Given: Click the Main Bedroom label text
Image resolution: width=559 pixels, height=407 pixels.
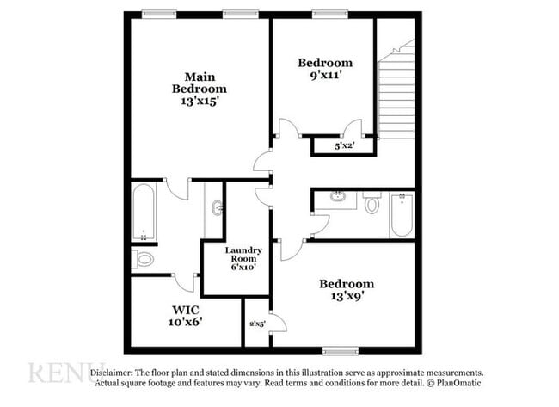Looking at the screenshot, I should [x=199, y=82].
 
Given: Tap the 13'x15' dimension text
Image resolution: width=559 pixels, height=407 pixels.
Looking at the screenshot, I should [x=199, y=102].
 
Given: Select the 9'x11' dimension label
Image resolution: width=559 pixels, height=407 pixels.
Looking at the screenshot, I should [x=325, y=76].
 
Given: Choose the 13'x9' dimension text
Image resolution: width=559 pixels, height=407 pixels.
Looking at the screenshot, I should [x=347, y=297].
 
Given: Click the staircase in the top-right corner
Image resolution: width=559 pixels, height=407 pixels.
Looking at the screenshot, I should [x=398, y=90].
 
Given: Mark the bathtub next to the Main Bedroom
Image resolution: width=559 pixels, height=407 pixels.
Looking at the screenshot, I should [x=144, y=213].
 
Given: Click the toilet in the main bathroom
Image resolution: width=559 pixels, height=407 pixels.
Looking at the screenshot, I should [x=144, y=258].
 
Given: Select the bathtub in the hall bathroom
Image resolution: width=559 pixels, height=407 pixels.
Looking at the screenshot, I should [x=402, y=215].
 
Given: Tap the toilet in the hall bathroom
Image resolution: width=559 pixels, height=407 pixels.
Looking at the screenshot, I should [x=372, y=205].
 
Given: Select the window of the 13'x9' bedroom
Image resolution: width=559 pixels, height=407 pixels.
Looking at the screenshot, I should [x=340, y=350].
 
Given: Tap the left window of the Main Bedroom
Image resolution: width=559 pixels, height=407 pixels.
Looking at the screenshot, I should [x=158, y=14].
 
